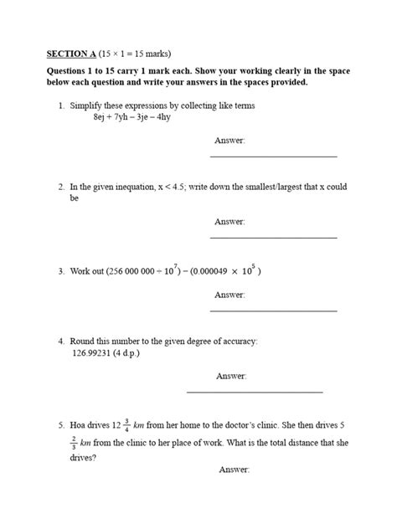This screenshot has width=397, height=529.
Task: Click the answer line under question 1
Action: click(x=272, y=157)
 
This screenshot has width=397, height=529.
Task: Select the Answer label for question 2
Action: click(x=229, y=222)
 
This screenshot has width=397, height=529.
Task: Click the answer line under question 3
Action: click(x=272, y=311)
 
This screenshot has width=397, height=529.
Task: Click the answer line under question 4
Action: click(x=254, y=392)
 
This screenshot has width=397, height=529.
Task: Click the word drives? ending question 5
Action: click(x=83, y=458)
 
